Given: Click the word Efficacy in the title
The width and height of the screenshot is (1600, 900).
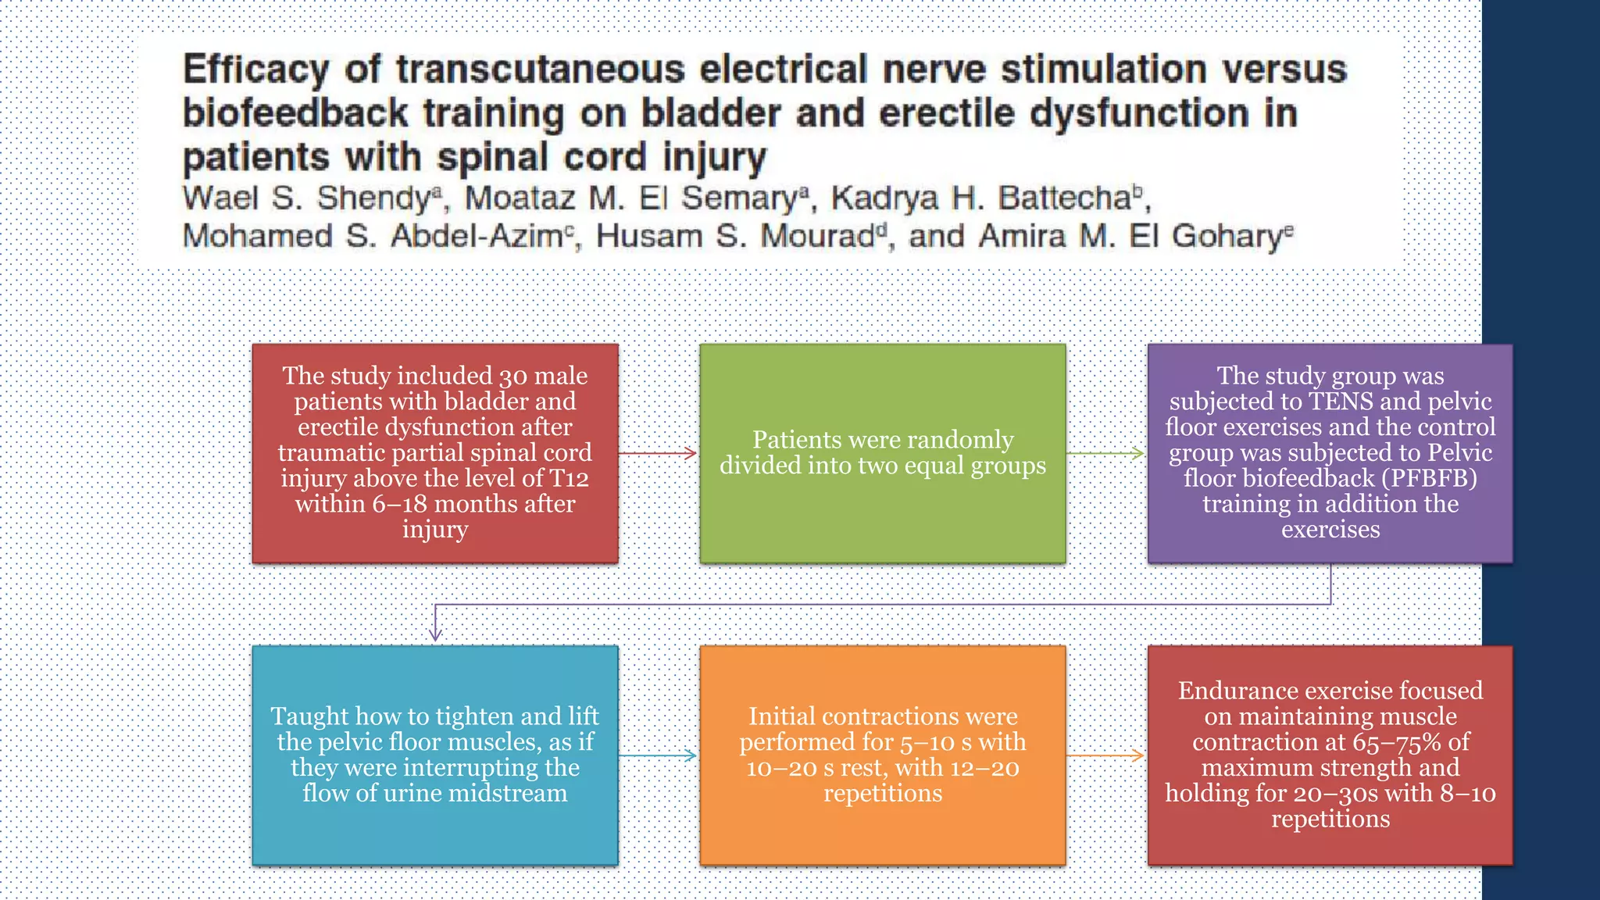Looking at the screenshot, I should (x=255, y=70).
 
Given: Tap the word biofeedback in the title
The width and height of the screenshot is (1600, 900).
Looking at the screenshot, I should (x=295, y=114).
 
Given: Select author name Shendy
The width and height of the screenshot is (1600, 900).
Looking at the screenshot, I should (x=373, y=198).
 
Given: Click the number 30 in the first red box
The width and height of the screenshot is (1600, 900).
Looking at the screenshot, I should (x=513, y=377).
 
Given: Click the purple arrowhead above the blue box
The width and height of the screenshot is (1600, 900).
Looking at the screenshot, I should (x=436, y=634).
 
